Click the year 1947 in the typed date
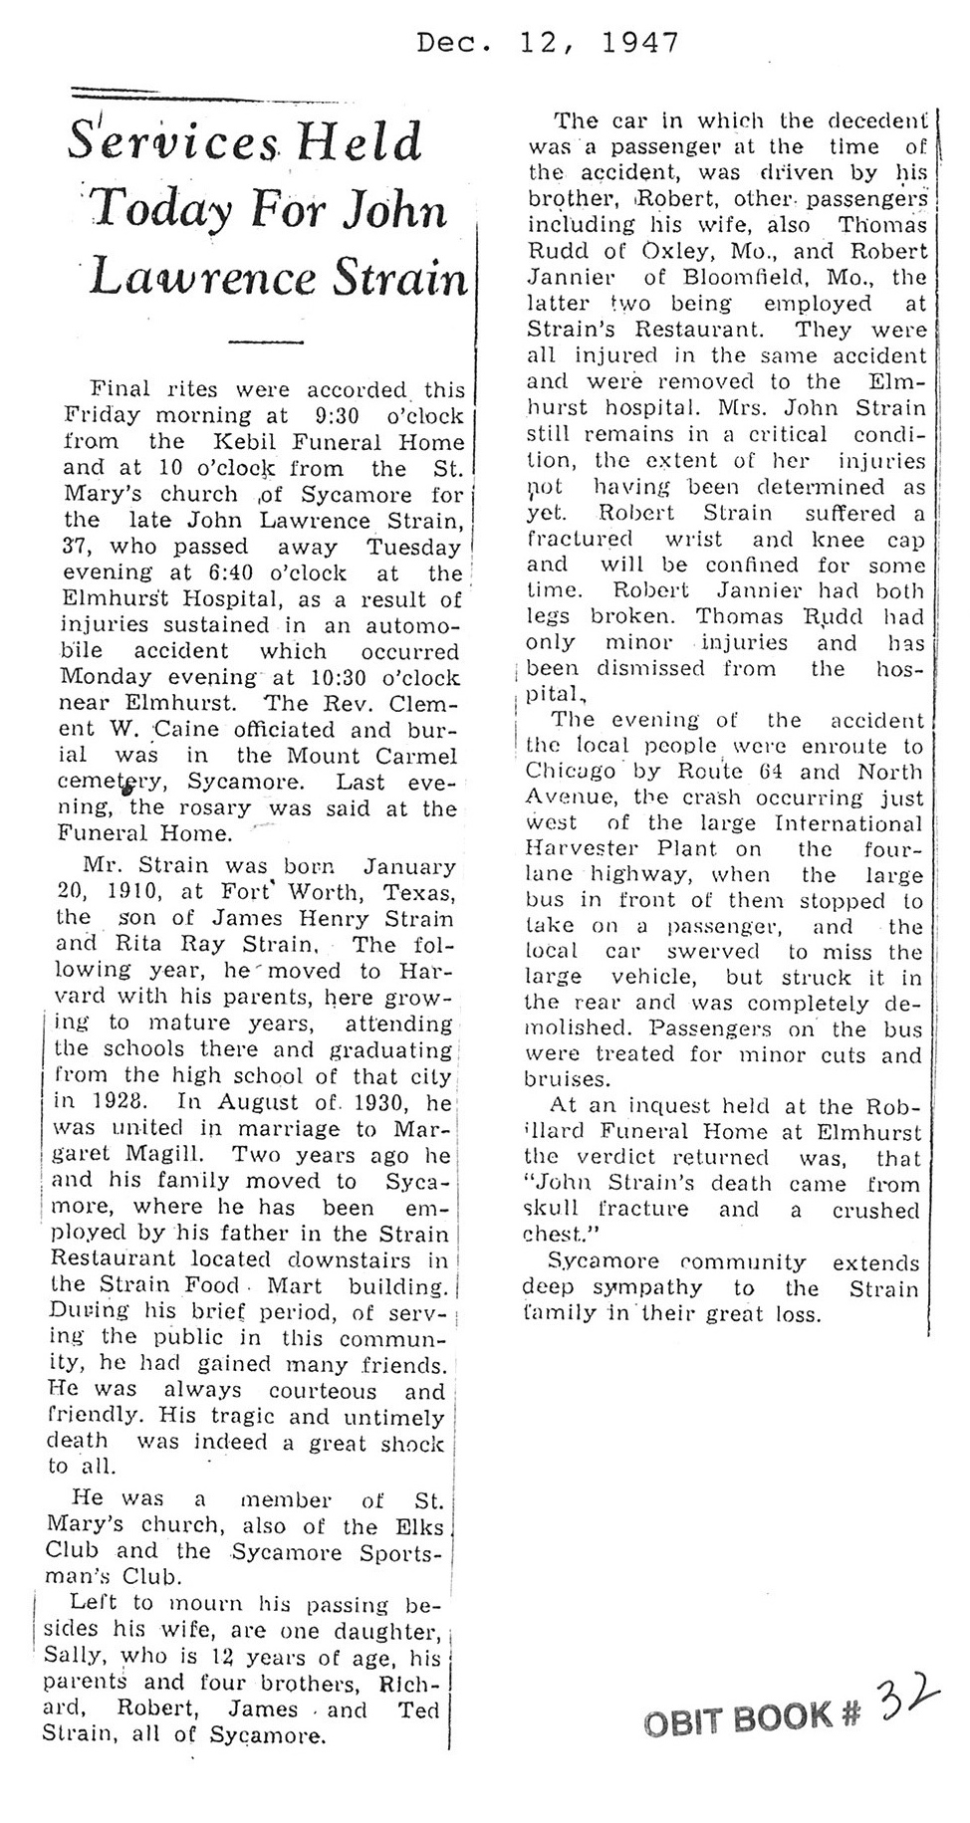pyautogui.click(x=642, y=43)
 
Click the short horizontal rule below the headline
pyautogui.click(x=265, y=341)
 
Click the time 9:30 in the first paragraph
pyautogui.click(x=317, y=415)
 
